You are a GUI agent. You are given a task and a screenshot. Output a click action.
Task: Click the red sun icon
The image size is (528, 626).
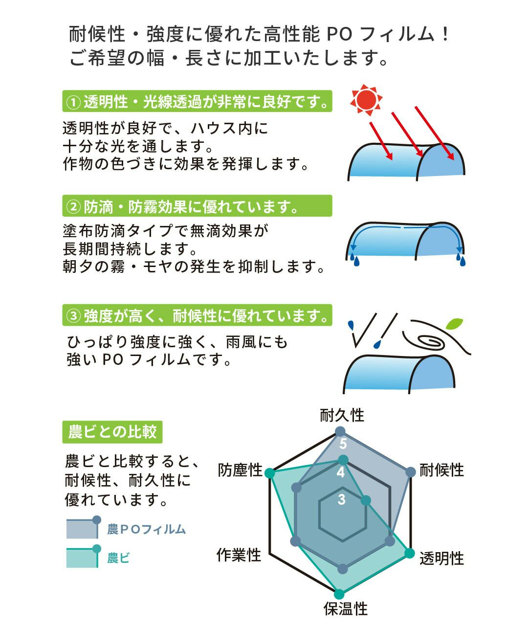[366, 100]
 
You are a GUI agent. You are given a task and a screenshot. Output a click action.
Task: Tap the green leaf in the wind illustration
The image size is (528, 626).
[454, 323]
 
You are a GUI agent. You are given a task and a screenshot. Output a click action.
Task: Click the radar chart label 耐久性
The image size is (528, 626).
[342, 416]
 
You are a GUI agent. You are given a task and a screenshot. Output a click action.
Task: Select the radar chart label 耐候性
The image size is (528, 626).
[441, 470]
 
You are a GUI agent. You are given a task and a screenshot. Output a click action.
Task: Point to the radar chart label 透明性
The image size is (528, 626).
[441, 558]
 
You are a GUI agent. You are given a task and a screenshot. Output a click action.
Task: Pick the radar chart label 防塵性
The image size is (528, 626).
[240, 470]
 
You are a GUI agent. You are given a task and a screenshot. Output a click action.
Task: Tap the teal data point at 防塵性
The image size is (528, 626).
[270, 473]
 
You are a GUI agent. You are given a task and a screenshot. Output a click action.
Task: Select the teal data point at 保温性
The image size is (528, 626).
[339, 594]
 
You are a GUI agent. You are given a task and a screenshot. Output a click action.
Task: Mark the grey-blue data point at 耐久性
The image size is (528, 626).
[340, 432]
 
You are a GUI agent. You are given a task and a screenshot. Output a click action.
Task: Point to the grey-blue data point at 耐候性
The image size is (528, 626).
[411, 472]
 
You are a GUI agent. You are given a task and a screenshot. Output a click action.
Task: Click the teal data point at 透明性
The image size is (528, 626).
[410, 554]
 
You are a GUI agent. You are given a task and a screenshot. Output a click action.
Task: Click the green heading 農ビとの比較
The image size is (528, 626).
[112, 432]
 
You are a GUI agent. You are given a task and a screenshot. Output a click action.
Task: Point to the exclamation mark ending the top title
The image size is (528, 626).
[445, 34]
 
